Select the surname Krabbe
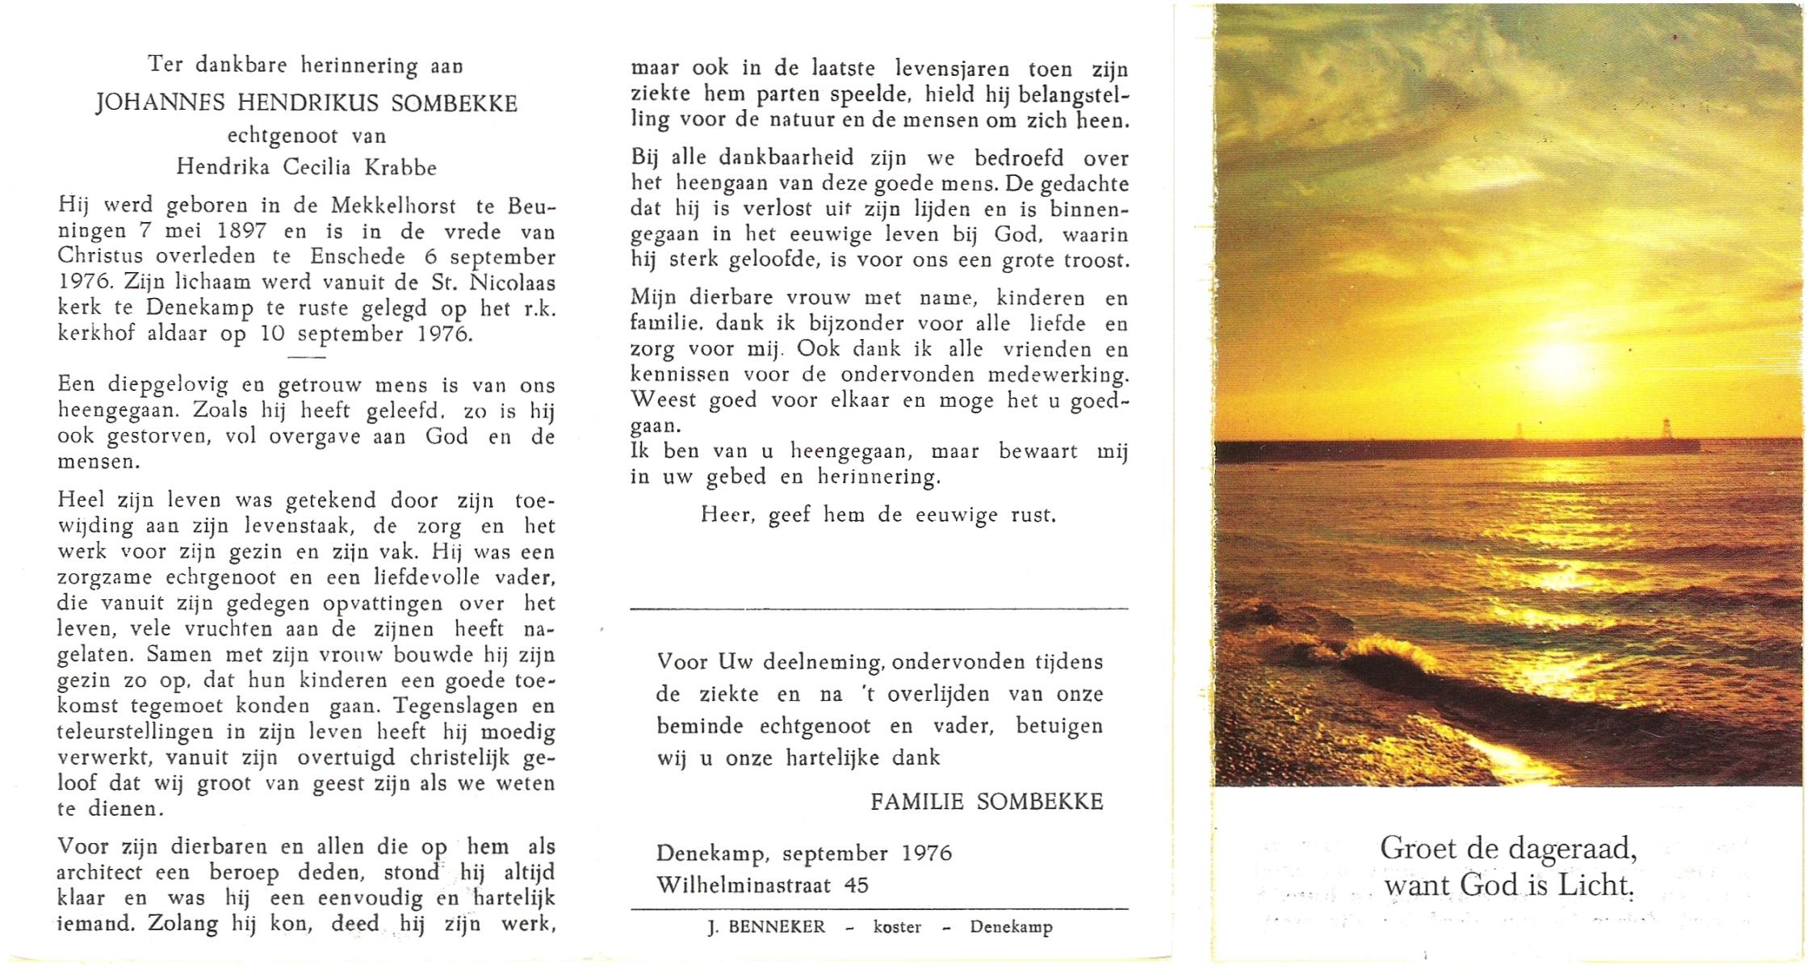tap(402, 167)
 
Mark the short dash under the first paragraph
tap(307, 357)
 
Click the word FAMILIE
tap(916, 802)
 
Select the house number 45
tap(856, 885)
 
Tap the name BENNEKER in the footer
tap(778, 927)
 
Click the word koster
tap(896, 927)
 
